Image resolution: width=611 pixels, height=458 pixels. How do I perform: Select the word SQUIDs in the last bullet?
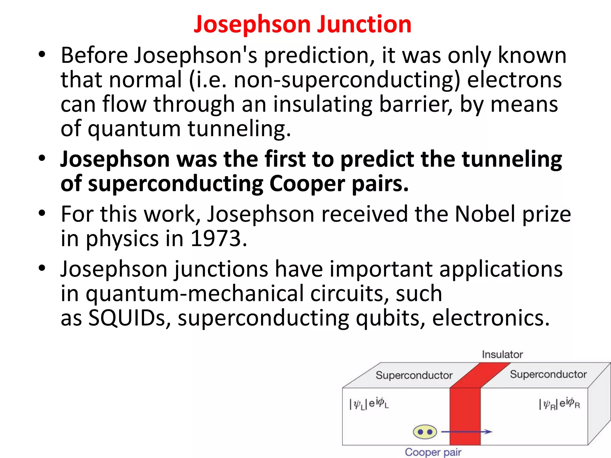click(x=127, y=318)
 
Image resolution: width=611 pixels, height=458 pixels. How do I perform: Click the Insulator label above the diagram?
click(x=502, y=355)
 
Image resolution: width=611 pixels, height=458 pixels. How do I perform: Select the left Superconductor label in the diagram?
click(x=414, y=375)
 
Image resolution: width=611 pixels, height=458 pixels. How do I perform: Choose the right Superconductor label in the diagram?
click(x=548, y=374)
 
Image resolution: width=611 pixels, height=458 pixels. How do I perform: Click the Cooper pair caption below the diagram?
click(x=433, y=452)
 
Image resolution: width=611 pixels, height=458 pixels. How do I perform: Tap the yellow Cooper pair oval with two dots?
click(x=425, y=432)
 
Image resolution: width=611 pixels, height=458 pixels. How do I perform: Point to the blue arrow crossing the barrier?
click(x=467, y=431)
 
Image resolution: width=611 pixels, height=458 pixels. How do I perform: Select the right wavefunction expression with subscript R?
click(x=559, y=404)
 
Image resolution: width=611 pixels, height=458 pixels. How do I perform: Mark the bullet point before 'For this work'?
click(x=42, y=213)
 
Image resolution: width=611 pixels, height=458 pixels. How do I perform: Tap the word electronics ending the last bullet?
click(x=490, y=318)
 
